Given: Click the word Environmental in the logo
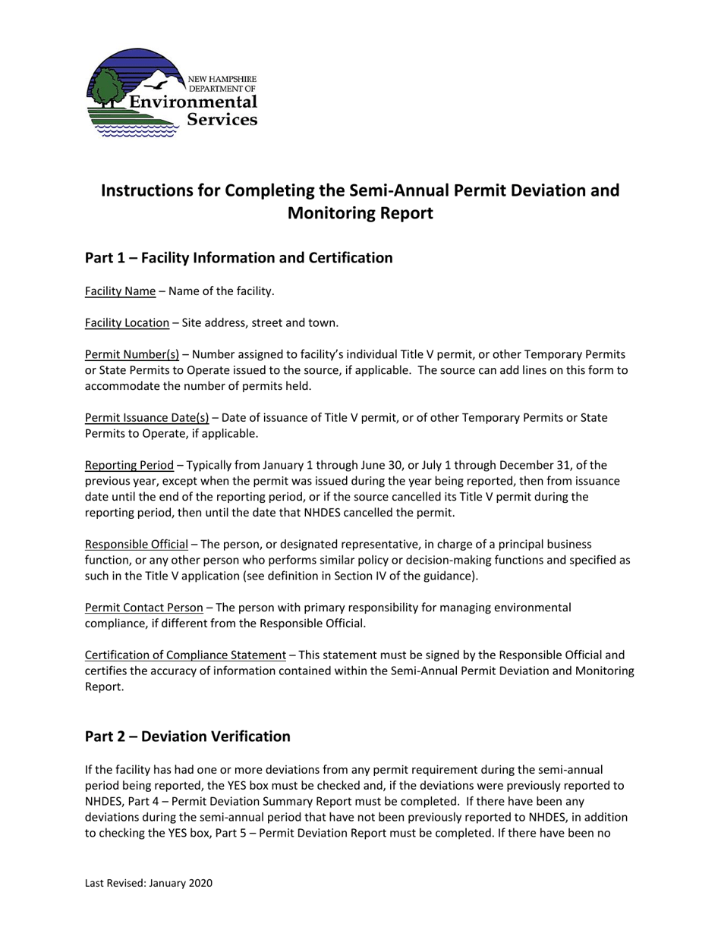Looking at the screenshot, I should click(x=193, y=102).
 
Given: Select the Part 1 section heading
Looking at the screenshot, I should click(x=238, y=258).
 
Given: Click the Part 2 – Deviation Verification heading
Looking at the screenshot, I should click(x=187, y=737).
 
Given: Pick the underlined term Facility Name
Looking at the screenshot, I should click(x=120, y=291).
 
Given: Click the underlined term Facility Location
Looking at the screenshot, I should click(x=127, y=323).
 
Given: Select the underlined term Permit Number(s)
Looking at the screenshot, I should click(x=132, y=354).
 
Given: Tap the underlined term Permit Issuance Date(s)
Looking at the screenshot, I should click(x=146, y=418).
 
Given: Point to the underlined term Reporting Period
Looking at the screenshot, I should click(x=129, y=465).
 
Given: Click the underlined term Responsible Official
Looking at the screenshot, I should click(x=136, y=545).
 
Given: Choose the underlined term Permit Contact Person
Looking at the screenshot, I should click(x=143, y=608).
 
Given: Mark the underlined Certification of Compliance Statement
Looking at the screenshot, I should click(x=185, y=655).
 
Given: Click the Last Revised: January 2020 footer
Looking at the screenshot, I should click(x=149, y=883).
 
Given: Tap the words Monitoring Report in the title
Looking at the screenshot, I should click(x=360, y=213).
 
